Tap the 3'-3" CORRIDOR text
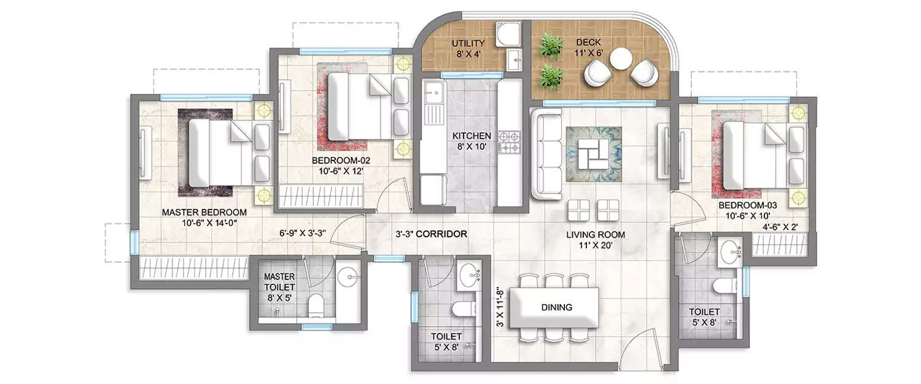[431, 234]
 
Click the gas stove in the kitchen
[509, 141]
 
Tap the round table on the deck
[621, 60]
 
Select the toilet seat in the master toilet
[317, 304]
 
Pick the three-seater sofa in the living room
[543, 154]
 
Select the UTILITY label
[468, 44]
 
